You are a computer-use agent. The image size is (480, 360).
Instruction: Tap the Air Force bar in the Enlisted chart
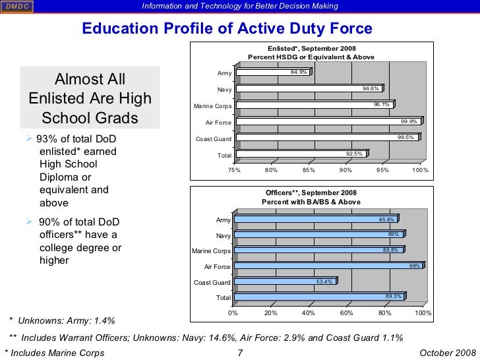(x=328, y=121)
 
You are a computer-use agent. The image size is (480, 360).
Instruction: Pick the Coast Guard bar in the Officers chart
(x=285, y=282)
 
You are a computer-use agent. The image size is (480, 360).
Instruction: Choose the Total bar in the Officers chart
(x=320, y=297)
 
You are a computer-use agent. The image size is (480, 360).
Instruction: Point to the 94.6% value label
(x=371, y=88)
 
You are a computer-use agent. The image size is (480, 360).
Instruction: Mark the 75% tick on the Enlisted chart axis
(x=234, y=170)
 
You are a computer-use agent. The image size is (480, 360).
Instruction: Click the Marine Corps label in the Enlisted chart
(x=212, y=105)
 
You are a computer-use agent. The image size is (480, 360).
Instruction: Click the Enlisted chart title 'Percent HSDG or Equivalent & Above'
(x=311, y=57)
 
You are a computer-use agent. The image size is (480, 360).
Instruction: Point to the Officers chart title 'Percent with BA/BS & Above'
(x=311, y=201)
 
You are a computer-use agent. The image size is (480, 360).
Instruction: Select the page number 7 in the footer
(x=240, y=353)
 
